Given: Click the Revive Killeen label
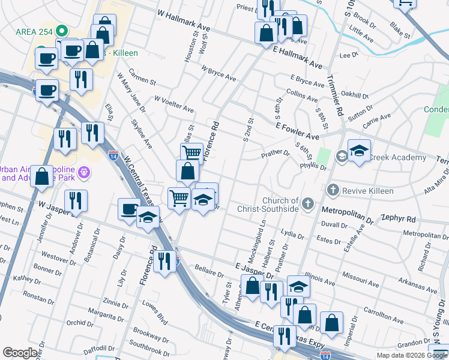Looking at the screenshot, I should pyautogui.click(x=368, y=191).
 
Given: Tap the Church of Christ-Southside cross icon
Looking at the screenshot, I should pyautogui.click(x=308, y=204).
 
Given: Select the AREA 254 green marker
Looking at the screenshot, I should pyautogui.click(x=61, y=31).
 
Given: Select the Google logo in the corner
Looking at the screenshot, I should pyautogui.click(x=20, y=353).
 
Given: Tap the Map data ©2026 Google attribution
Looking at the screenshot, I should pyautogui.click(x=412, y=355).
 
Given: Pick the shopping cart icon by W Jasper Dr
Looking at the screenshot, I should pyautogui.click(x=179, y=198).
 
